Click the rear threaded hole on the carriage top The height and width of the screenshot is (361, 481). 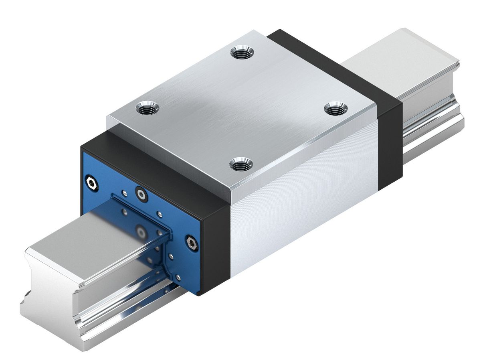[x=242, y=52]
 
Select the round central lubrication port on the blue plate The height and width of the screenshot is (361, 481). [x=141, y=194]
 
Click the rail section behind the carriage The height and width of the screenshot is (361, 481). [x=421, y=80]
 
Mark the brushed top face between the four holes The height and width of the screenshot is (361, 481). [x=240, y=108]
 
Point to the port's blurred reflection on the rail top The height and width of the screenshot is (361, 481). [x=140, y=232]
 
